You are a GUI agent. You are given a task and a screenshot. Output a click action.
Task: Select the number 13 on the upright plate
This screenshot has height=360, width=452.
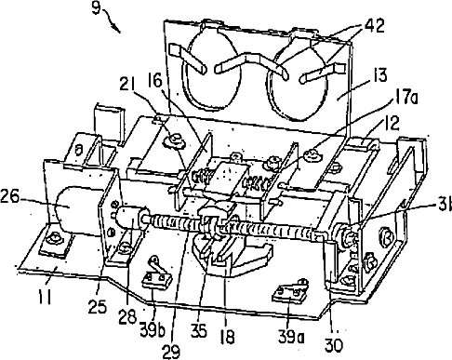(377, 75)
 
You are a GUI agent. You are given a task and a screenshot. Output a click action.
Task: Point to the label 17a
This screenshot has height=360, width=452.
(405, 98)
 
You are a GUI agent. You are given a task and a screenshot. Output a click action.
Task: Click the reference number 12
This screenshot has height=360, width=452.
(390, 123)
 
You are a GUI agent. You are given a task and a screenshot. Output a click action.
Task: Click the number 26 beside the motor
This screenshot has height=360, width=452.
(10, 196)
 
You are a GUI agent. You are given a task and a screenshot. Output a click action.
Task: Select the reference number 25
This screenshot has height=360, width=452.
(97, 306)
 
